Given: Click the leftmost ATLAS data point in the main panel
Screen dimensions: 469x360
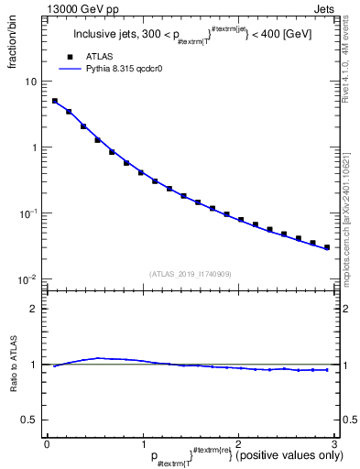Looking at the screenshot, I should click(55, 102).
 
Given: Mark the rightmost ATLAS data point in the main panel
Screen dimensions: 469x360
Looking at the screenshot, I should click(326, 247).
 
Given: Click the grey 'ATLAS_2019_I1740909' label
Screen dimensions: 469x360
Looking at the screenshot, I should click(191, 273).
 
